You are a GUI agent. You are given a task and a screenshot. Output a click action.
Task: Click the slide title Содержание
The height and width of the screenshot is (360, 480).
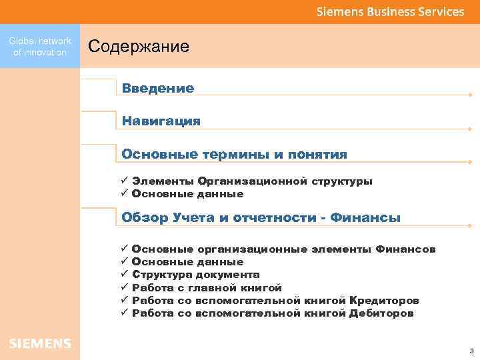click(139, 47)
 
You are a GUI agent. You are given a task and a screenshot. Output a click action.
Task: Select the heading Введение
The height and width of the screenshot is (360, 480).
click(158, 88)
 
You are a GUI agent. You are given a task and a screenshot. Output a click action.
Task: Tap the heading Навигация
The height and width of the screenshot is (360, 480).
click(161, 121)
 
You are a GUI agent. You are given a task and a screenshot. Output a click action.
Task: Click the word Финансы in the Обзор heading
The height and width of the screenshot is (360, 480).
click(365, 218)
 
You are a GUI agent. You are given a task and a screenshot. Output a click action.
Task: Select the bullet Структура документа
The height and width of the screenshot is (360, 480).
click(196, 275)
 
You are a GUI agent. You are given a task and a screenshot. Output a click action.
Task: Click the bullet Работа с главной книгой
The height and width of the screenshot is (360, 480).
click(207, 287)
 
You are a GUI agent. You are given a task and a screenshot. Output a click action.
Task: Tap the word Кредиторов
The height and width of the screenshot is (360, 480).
click(384, 301)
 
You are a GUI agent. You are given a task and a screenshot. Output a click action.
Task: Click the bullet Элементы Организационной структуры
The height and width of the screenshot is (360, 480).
click(252, 181)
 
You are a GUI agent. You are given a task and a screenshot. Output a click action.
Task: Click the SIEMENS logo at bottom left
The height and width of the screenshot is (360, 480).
click(40, 343)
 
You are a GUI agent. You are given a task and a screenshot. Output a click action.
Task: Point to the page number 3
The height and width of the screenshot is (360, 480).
click(471, 350)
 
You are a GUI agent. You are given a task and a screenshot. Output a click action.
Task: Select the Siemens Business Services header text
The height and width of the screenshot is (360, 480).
click(390, 11)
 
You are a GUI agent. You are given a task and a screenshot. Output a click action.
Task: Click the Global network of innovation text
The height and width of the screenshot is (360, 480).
click(40, 47)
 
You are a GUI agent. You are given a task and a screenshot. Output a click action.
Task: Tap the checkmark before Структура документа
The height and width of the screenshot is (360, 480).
click(124, 274)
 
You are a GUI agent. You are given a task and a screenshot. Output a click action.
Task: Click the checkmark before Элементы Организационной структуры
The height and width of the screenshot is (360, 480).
click(124, 181)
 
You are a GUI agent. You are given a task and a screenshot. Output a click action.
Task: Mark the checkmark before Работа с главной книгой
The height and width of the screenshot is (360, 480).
click(124, 287)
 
